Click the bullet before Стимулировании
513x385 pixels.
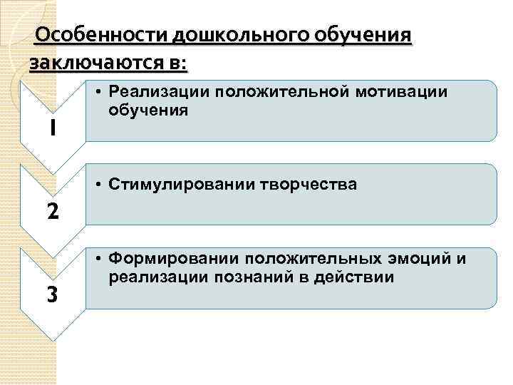tap(98, 185)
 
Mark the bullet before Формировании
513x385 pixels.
tap(98, 259)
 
